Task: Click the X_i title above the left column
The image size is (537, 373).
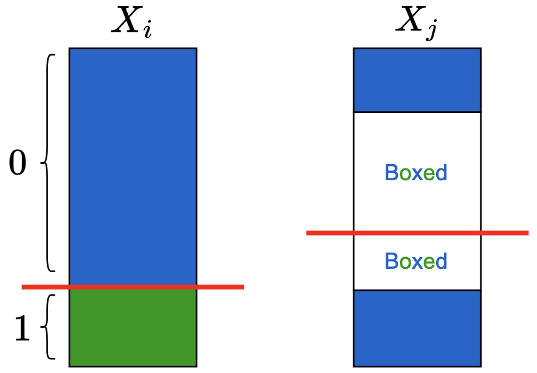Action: (131, 23)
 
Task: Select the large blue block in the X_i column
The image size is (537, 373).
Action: (133, 165)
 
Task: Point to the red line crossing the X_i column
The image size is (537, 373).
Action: (133, 287)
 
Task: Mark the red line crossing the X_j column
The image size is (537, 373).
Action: (417, 233)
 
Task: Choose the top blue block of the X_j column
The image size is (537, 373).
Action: (417, 80)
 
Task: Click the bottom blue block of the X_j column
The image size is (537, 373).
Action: (417, 328)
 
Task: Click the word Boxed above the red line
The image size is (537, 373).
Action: (416, 173)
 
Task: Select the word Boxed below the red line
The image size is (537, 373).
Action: (416, 261)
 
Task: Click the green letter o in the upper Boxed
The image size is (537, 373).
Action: (406, 174)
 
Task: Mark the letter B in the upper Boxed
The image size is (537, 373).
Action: (392, 173)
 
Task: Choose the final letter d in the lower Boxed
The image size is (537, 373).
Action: (440, 261)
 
